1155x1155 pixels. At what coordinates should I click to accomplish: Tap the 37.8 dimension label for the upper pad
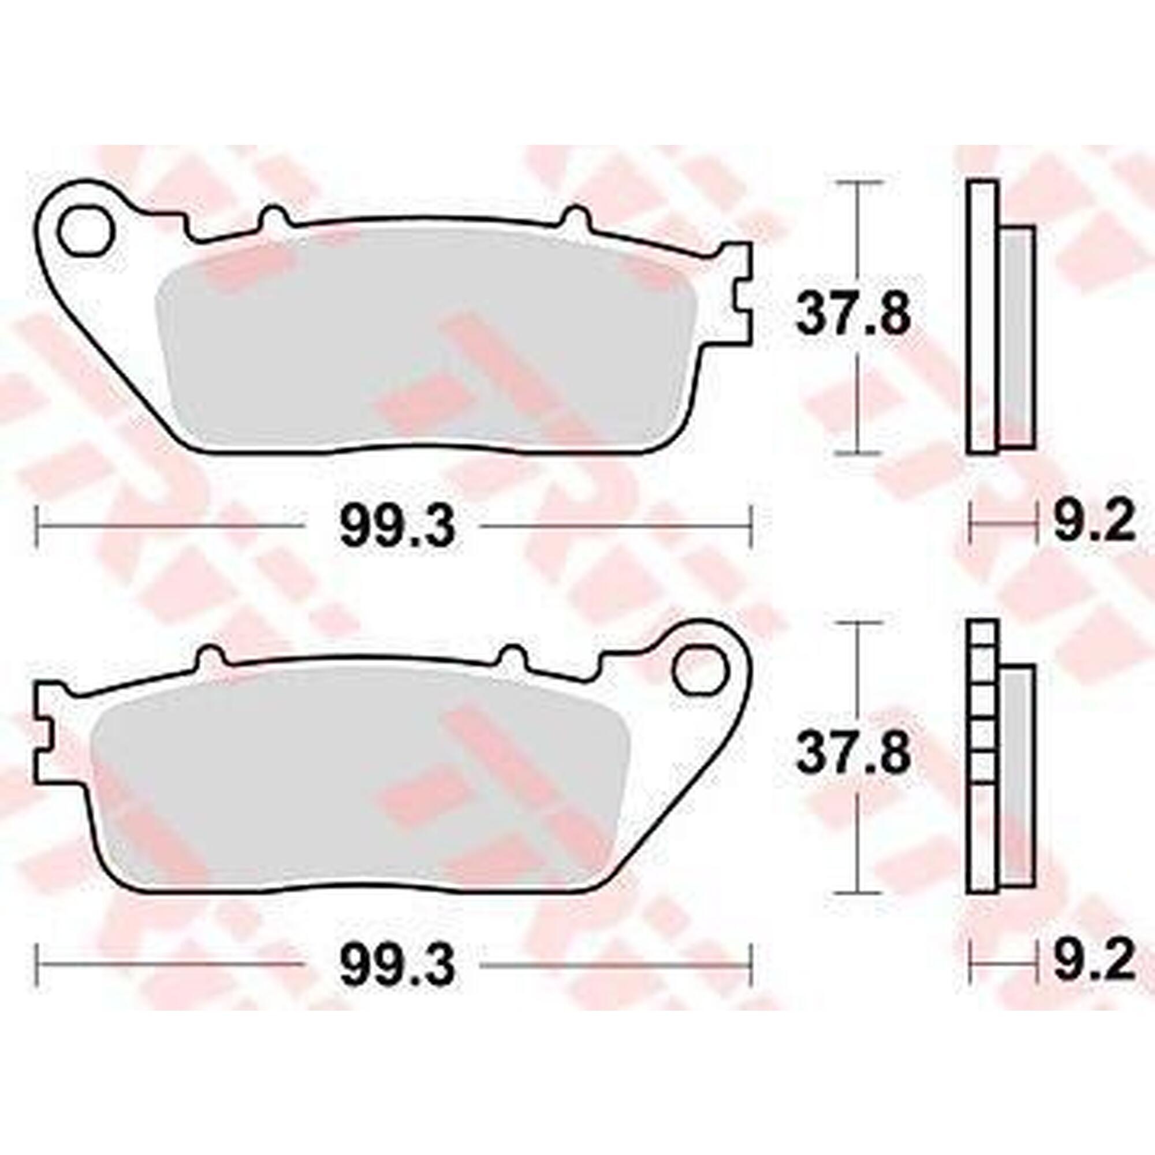(x=852, y=313)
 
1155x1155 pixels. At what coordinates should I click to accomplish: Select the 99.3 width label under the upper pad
(x=397, y=527)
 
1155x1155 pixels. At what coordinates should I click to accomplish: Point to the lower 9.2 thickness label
(x=1093, y=962)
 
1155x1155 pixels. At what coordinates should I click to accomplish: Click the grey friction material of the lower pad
(x=359, y=789)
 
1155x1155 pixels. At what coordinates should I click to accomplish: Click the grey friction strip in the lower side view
(x=1018, y=777)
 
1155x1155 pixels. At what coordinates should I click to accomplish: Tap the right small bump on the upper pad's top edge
(x=575, y=217)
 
